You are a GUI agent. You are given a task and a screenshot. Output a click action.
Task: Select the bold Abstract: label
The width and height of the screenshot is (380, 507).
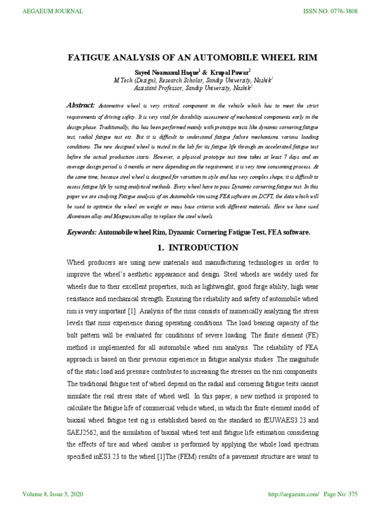(x=80, y=105)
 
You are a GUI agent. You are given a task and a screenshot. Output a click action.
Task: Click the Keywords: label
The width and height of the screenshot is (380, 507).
(x=81, y=232)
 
